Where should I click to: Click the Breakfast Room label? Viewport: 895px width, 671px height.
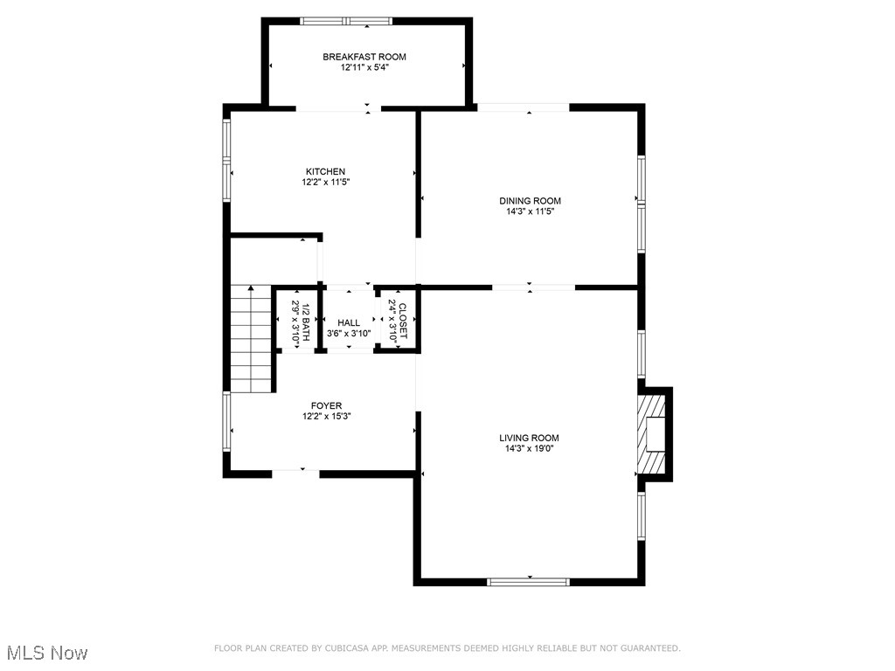pyautogui.click(x=364, y=57)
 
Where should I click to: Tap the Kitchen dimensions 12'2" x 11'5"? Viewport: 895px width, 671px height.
pyautogui.click(x=325, y=183)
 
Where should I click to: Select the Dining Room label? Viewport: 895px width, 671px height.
pyautogui.click(x=529, y=200)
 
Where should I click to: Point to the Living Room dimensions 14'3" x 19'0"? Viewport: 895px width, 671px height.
pyautogui.click(x=529, y=448)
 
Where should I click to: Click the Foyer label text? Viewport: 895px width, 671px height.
pyautogui.click(x=326, y=405)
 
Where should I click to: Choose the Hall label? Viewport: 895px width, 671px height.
pyautogui.click(x=349, y=322)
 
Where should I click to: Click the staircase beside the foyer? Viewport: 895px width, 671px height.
pyautogui.click(x=252, y=341)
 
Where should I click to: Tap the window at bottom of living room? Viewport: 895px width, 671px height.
pyautogui.click(x=529, y=581)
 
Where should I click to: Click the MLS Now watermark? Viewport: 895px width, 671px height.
pyautogui.click(x=47, y=653)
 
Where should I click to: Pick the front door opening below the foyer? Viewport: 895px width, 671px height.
pyautogui.click(x=295, y=473)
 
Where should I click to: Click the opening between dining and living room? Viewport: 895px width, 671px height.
pyautogui.click(x=533, y=287)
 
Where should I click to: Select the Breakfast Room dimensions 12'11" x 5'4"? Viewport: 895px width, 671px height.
pyautogui.click(x=364, y=67)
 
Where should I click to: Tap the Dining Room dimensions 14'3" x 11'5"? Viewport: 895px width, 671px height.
pyautogui.click(x=529, y=211)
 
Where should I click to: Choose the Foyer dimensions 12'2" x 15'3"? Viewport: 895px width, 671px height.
pyautogui.click(x=326, y=416)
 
